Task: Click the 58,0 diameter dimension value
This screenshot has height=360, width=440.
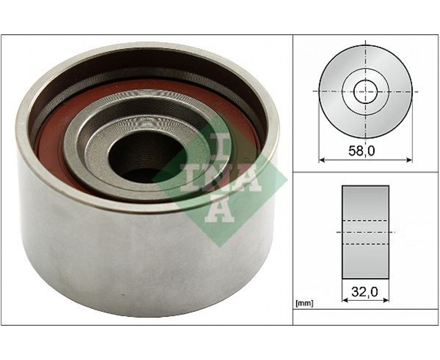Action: coord(362,152)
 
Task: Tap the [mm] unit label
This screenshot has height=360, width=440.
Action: coord(304,303)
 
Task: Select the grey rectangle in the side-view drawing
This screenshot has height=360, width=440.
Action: coord(365,232)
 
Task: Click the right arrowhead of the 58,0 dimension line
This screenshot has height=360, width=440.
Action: coord(410,160)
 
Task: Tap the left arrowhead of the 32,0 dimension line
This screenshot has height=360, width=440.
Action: coord(345,300)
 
